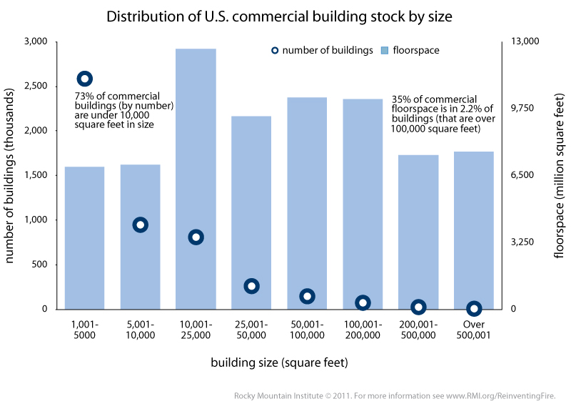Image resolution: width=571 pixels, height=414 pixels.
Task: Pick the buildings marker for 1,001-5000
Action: (85, 79)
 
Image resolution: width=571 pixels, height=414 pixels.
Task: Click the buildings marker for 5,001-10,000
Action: (140, 225)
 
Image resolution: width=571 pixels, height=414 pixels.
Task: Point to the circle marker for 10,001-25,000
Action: (196, 237)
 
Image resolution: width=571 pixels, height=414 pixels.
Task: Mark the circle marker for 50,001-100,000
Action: (307, 296)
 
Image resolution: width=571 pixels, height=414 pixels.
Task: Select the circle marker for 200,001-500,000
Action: (418, 307)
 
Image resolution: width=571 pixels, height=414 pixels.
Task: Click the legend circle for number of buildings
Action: (275, 51)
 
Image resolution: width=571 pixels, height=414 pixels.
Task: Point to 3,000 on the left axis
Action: (35, 42)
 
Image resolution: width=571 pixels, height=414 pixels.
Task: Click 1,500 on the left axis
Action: (35, 175)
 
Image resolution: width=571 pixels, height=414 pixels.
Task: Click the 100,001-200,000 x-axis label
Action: (363, 330)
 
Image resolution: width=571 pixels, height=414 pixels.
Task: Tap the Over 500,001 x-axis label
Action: (474, 330)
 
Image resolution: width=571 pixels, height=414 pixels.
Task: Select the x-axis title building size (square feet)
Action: (279, 363)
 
